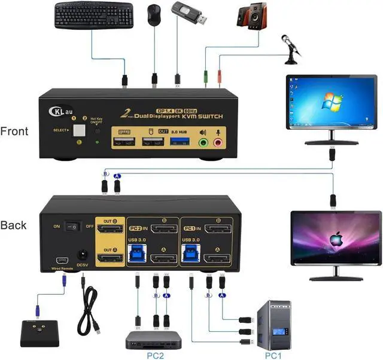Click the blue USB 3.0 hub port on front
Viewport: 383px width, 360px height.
click(x=181, y=142)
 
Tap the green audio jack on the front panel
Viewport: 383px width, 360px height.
click(x=203, y=143)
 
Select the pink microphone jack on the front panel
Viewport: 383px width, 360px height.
click(x=218, y=143)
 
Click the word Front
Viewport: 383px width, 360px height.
click(x=14, y=131)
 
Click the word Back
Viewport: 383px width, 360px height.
click(x=13, y=225)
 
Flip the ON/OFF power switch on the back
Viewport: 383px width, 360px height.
click(x=73, y=227)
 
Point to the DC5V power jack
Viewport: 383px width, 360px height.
click(x=82, y=255)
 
